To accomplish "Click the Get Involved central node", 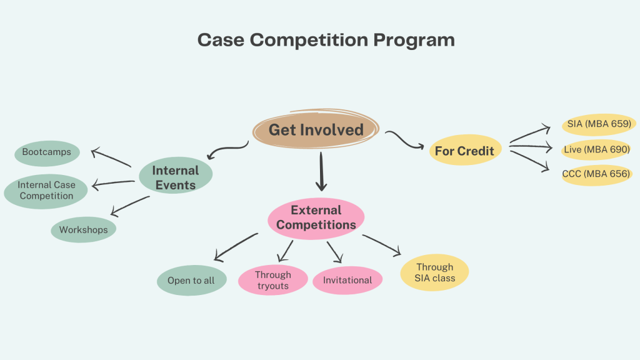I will click(316, 130).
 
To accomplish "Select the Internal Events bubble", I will click(176, 177).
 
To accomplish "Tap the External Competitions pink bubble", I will click(316, 217).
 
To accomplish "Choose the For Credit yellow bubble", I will click(465, 151).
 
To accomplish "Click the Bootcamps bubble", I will click(46, 152).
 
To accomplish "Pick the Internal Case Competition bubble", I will click(46, 191).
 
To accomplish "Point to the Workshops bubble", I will click(83, 229).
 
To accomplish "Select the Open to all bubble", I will click(191, 281).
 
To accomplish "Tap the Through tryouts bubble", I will click(273, 280).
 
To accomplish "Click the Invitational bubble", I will click(347, 281).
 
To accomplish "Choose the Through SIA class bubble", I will click(434, 272).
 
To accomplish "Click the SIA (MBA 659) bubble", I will click(599, 123).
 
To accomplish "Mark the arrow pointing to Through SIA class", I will click(381, 244).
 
